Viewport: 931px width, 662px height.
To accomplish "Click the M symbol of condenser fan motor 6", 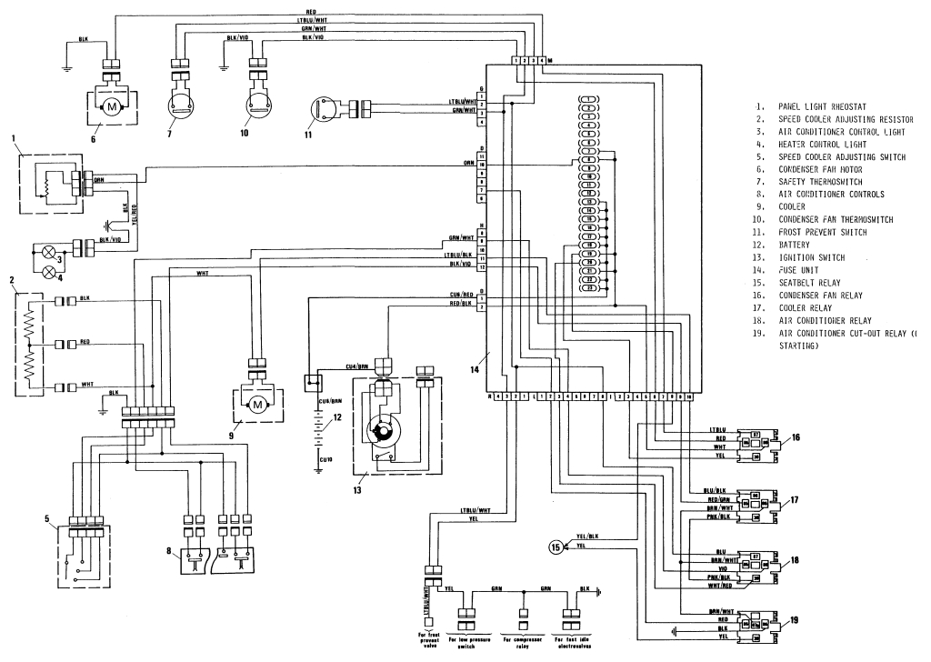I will (x=112, y=107).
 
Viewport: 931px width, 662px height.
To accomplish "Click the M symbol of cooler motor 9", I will (x=257, y=403).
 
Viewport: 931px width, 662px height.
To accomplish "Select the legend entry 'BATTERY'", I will (x=801, y=245).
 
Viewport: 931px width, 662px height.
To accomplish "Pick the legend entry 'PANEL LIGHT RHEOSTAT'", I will (x=823, y=105).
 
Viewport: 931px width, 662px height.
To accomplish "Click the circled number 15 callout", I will (x=554, y=547).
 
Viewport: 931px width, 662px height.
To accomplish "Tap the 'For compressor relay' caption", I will (x=525, y=643).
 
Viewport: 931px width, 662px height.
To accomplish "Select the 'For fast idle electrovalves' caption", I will (x=575, y=643).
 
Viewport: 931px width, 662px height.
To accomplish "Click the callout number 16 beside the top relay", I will (x=795, y=438).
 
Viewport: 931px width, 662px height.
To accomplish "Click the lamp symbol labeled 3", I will (x=39, y=249).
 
